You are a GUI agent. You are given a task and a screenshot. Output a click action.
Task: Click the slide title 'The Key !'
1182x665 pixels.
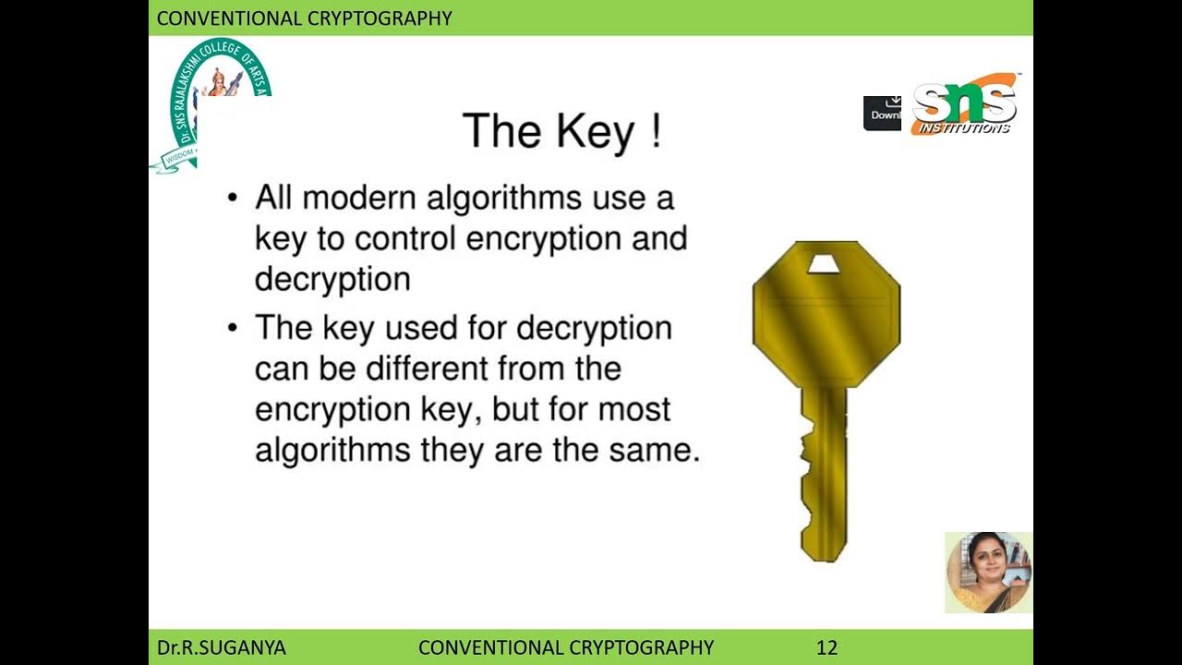561,131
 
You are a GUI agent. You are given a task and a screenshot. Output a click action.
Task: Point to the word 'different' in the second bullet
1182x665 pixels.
427,369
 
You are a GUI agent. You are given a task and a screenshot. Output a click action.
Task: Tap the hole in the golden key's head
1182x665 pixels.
826,265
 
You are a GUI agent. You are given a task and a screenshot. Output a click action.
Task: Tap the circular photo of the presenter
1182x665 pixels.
988,572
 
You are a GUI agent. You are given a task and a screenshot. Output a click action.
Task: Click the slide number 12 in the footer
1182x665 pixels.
826,647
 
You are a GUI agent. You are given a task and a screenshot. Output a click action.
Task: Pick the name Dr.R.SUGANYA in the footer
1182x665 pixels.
221,647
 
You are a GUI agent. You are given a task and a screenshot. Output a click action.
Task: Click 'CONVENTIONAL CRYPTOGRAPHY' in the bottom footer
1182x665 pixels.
566,647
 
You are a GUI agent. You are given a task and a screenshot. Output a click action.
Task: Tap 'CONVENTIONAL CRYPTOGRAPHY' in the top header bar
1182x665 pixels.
304,18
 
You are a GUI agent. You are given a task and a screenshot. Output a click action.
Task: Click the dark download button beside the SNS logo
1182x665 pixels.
884,113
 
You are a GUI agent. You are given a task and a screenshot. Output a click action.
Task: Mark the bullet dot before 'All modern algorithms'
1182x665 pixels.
234,198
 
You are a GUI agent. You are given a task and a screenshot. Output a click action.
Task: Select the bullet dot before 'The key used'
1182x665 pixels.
234,328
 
